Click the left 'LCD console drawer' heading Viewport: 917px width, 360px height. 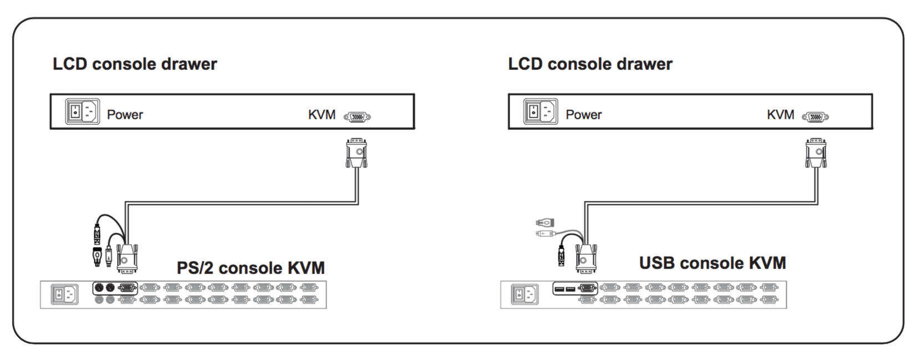click(135, 64)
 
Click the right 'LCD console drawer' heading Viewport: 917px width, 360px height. click(590, 64)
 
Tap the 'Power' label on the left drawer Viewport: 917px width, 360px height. click(125, 115)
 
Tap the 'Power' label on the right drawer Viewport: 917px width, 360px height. click(583, 115)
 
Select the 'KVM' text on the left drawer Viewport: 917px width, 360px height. click(322, 115)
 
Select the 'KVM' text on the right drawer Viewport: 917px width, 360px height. click(780, 115)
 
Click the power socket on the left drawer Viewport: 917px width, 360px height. click(83, 111)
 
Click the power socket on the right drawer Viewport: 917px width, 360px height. click(541, 111)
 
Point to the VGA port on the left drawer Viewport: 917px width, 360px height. click(357, 117)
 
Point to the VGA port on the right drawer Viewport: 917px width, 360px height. click(816, 117)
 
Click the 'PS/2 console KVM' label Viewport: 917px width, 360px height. click(251, 268)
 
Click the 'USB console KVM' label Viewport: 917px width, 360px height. click(712, 262)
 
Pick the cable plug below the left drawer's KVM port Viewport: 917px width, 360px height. click(356, 152)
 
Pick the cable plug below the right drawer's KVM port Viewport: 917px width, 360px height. click(816, 153)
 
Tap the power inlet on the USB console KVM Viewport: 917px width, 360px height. click(524, 295)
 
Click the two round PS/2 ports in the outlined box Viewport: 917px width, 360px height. click(104, 288)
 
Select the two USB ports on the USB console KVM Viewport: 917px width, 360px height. click(565, 288)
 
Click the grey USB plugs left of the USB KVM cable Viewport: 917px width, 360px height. click(545, 227)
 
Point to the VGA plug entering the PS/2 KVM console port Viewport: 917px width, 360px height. click(127, 258)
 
